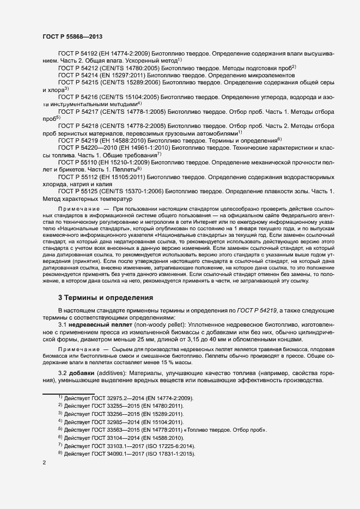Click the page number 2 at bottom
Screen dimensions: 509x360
tap(44, 463)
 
